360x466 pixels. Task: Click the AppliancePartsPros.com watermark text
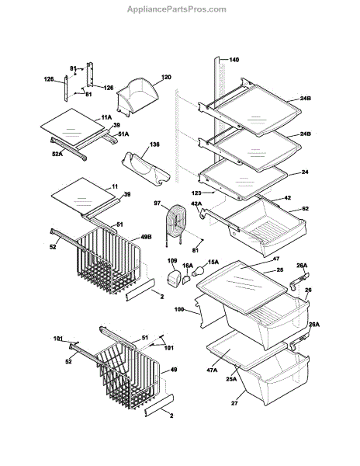pyautogui.click(x=177, y=9)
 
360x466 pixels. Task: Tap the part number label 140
pyautogui.click(x=234, y=60)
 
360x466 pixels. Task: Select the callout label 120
pyautogui.click(x=166, y=77)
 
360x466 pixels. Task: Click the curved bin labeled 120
pyautogui.click(x=137, y=96)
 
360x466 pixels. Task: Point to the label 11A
pyautogui.click(x=106, y=118)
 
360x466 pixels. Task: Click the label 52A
pyautogui.click(x=57, y=154)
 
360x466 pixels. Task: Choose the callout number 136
pyautogui.click(x=154, y=144)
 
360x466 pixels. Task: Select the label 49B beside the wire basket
pyautogui.click(x=146, y=237)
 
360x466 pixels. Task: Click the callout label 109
pyautogui.click(x=172, y=261)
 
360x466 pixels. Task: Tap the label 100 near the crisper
pyautogui.click(x=179, y=309)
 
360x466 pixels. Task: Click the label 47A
pyautogui.click(x=212, y=370)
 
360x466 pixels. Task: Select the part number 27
pyautogui.click(x=234, y=403)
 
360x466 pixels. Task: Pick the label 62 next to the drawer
pyautogui.click(x=305, y=209)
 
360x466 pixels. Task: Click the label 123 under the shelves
pyautogui.click(x=196, y=193)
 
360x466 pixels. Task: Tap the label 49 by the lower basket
pyautogui.click(x=174, y=370)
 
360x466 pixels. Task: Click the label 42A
pyautogui.click(x=196, y=203)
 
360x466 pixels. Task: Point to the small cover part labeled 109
pyautogui.click(x=174, y=280)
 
